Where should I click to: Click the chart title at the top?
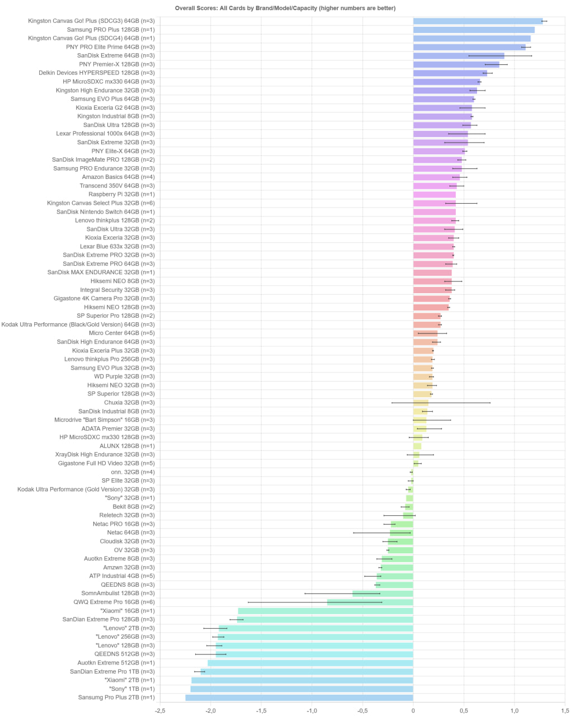(285, 8)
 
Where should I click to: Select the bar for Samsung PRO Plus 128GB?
(474, 30)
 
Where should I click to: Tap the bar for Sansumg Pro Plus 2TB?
(299, 698)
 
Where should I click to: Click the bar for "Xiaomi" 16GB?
(325, 611)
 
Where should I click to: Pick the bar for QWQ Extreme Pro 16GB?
(370, 602)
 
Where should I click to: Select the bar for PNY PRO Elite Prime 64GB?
(469, 47)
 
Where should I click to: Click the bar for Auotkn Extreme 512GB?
(310, 663)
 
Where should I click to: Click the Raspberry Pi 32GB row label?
(121, 195)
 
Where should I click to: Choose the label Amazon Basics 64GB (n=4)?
(118, 177)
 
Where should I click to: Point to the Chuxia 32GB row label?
(129, 403)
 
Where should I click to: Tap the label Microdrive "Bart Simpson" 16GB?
(105, 420)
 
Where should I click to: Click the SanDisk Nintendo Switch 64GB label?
(105, 212)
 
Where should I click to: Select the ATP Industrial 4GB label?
(122, 576)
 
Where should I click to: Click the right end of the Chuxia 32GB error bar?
(490, 403)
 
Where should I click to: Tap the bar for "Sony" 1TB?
(302, 689)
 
